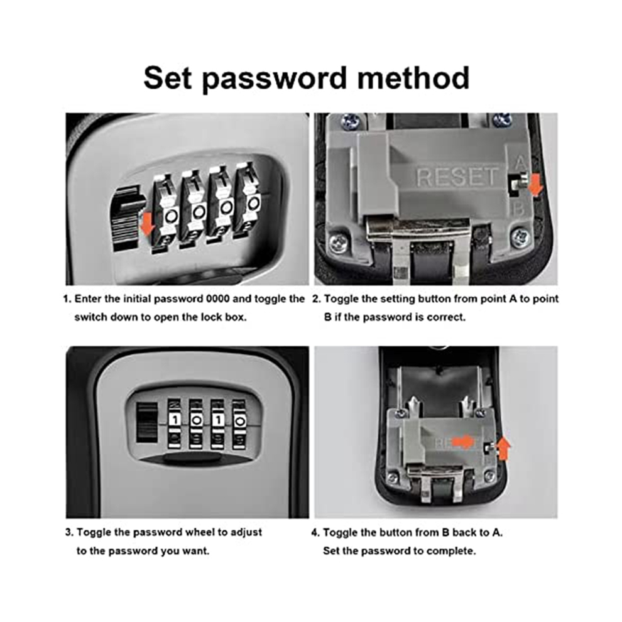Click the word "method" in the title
click(x=413, y=78)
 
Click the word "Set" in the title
click(x=167, y=78)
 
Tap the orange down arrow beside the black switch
click(x=148, y=222)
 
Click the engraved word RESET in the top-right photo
click(x=456, y=177)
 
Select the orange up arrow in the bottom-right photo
click(x=503, y=448)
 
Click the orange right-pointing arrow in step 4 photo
click(x=463, y=442)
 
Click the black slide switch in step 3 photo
click(x=146, y=422)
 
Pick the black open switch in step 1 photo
click(x=126, y=219)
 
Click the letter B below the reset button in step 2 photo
click(x=518, y=208)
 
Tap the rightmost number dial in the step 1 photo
click(x=249, y=200)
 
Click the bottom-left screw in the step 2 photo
click(x=337, y=241)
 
